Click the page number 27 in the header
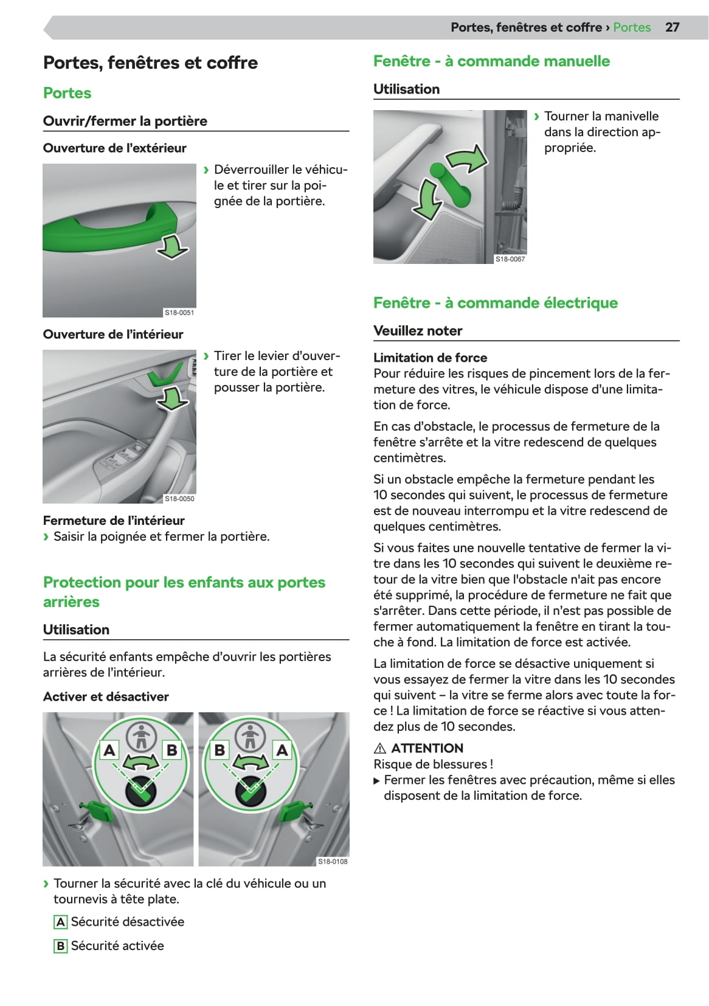click(672, 27)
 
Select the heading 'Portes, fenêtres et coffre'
click(150, 63)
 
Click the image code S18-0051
click(179, 313)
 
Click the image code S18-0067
click(510, 259)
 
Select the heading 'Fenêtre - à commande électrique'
click(495, 303)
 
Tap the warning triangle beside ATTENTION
click(380, 749)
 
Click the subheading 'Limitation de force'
click(430, 358)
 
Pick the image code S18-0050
click(179, 499)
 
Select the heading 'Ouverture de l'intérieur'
click(113, 335)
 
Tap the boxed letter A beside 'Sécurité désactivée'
click(60, 922)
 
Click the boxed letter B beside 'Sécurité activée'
click(60, 946)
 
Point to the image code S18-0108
click(333, 861)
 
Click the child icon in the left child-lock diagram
click(141, 737)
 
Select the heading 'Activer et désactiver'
click(106, 697)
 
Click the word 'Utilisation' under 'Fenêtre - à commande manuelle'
click(406, 89)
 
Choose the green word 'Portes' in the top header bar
click(632, 27)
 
